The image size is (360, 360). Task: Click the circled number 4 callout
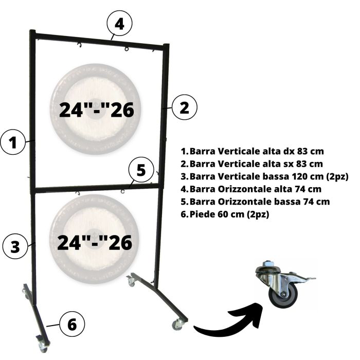[x=119, y=24]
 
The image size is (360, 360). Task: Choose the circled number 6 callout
[x=72, y=325]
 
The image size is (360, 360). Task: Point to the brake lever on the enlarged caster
[x=305, y=279]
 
